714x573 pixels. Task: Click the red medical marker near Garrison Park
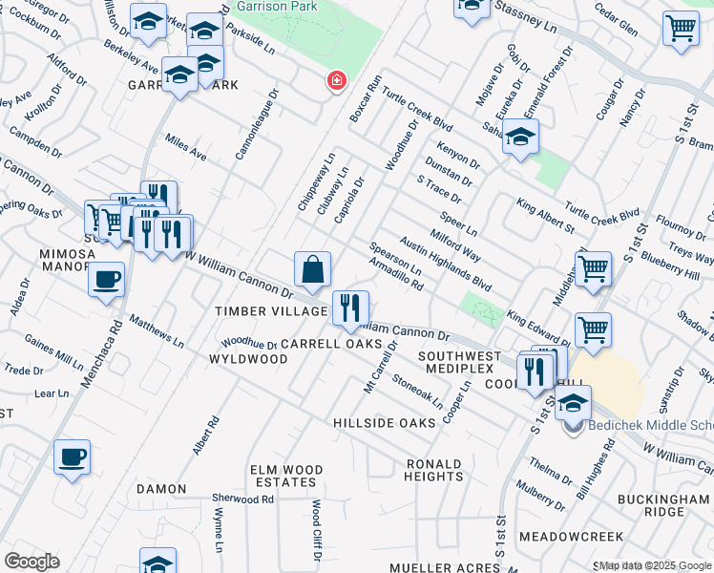click(x=336, y=81)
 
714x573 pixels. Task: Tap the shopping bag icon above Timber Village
click(x=312, y=270)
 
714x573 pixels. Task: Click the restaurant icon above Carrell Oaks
click(x=350, y=307)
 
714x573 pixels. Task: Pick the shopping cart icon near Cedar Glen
click(x=680, y=29)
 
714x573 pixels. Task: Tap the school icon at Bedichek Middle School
click(x=573, y=403)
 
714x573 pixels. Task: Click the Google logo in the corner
click(x=31, y=561)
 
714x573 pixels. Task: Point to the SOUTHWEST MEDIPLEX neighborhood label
click(x=453, y=363)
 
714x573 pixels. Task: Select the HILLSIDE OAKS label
click(x=384, y=422)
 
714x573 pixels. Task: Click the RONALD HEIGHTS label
click(x=434, y=470)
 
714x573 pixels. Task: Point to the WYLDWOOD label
click(x=248, y=359)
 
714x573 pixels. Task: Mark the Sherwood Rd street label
click(x=242, y=499)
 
